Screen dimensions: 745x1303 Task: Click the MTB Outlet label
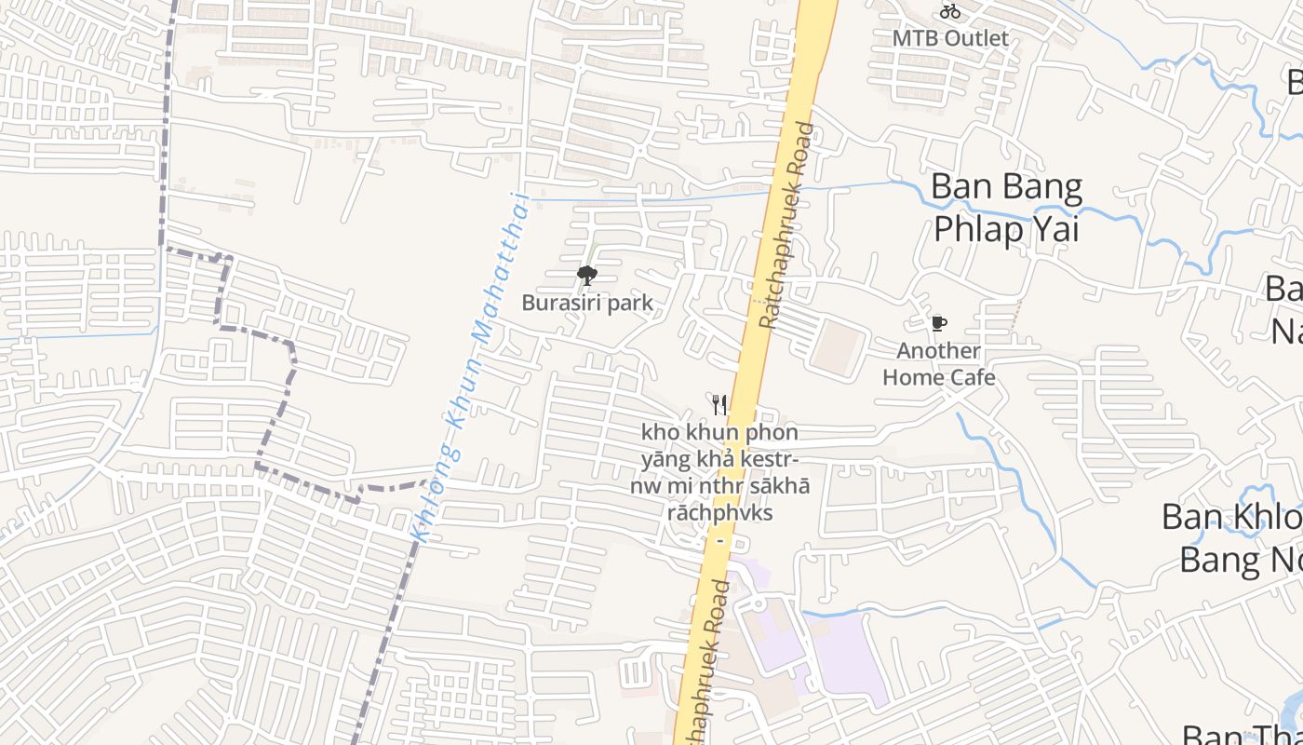coord(950,38)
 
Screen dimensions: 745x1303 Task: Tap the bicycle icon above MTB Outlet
coord(950,12)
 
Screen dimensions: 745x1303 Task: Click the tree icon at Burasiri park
coord(586,275)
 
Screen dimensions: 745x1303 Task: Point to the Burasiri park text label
coord(586,303)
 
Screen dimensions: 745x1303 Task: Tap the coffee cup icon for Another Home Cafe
coord(939,324)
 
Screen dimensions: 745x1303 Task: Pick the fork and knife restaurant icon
coord(719,404)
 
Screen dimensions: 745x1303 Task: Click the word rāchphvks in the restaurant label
coord(719,513)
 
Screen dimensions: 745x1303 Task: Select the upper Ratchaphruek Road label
coord(786,226)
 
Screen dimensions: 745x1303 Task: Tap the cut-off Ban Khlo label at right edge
coord(1231,517)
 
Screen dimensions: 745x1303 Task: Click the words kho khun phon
coord(719,433)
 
